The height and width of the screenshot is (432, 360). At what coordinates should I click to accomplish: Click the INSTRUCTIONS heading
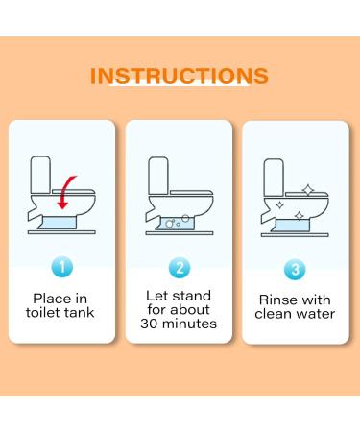coord(180,76)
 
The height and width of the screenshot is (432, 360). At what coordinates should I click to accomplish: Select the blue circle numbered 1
coord(62,267)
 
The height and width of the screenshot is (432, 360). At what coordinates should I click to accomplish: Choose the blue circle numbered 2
coord(180,268)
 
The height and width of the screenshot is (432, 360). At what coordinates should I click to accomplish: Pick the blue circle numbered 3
coord(295,269)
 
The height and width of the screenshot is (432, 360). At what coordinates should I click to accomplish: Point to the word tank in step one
coord(78,313)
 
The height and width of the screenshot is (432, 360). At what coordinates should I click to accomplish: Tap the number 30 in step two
coord(149,324)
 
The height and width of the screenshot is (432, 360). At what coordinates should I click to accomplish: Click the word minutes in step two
coord(189,324)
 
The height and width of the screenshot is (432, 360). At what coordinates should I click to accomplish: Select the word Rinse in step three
coord(276,300)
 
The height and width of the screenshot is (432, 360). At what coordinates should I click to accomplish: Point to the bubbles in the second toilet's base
coord(178,222)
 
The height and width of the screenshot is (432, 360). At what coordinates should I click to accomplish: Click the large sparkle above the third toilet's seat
coord(308,190)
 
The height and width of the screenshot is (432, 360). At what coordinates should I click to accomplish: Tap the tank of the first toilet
coord(40,175)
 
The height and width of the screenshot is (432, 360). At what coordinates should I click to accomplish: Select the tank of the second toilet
coord(158,176)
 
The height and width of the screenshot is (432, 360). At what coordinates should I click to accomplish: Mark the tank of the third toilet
coord(274,178)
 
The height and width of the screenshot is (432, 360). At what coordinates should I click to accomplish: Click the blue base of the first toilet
coord(57,223)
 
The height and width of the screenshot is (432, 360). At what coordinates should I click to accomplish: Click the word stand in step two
coord(192,296)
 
